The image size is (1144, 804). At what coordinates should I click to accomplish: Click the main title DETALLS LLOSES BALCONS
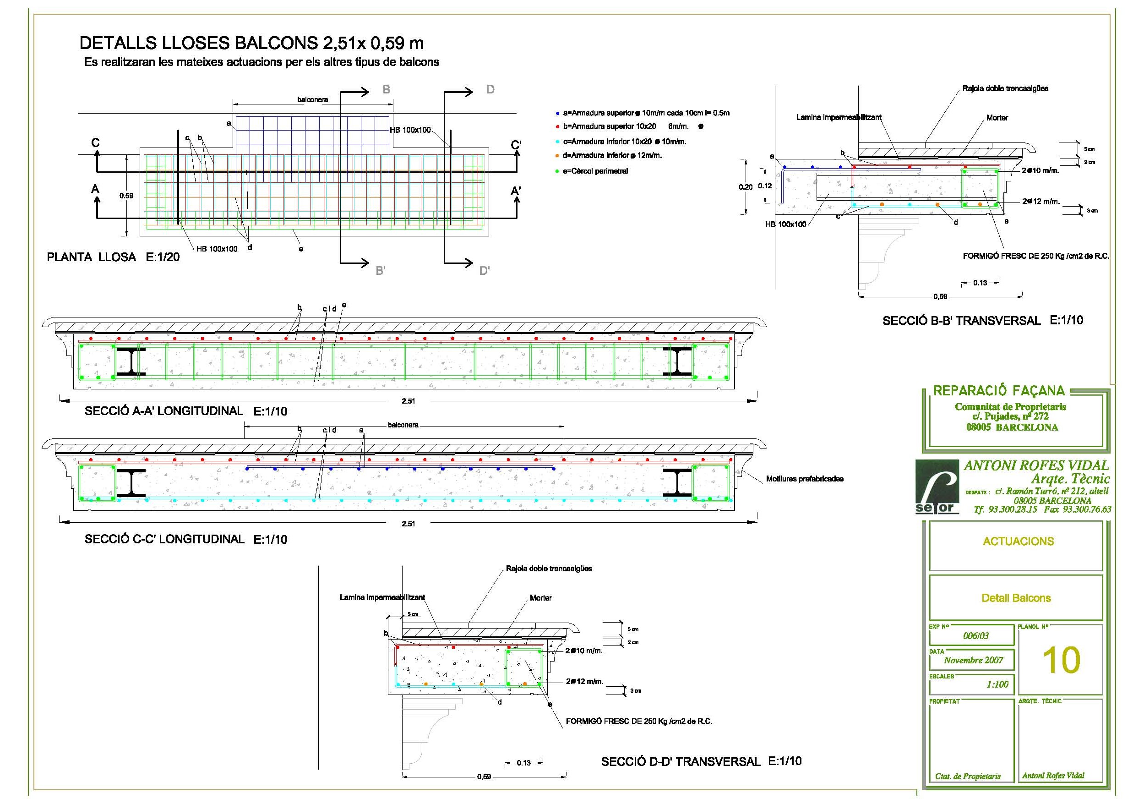point(251,44)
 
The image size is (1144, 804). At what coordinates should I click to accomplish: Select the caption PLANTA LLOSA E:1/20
point(113,257)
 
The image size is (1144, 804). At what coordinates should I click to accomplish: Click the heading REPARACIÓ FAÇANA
point(998,391)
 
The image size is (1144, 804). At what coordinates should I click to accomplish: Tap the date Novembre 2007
point(973,660)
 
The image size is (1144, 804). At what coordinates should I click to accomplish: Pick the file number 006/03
point(975,635)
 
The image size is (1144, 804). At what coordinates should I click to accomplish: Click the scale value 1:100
point(997,684)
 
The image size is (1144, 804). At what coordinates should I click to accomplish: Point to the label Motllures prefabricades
point(805,479)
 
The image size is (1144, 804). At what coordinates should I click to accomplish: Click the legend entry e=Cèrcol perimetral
point(595,171)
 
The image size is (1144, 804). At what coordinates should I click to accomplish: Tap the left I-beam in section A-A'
point(131,361)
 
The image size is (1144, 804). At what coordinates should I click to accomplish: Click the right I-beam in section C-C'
point(677,482)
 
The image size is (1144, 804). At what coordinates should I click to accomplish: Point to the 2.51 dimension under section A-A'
point(408,401)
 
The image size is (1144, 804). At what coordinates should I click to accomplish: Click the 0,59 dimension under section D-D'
point(484,777)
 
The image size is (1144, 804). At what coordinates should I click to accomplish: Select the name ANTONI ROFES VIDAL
point(1036,465)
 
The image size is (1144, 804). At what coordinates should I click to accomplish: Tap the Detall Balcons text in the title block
point(1016,598)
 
